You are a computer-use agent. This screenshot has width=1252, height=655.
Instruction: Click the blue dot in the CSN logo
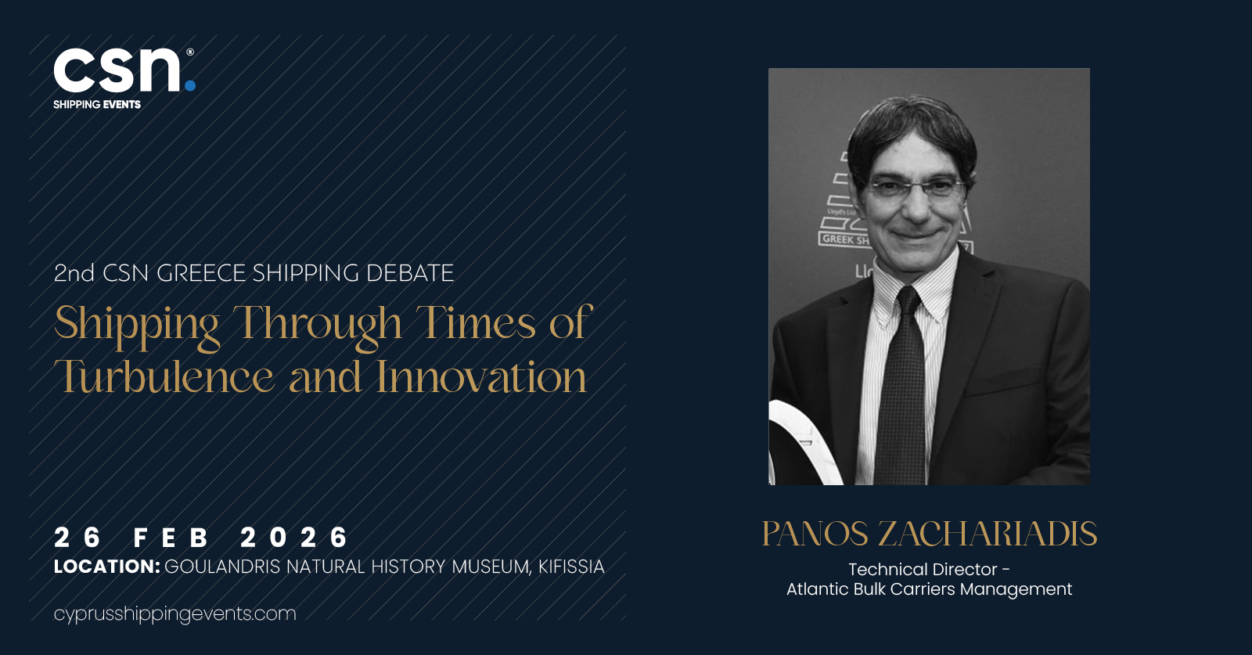pyautogui.click(x=190, y=85)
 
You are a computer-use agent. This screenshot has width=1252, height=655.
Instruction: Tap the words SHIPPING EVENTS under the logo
pyautogui.click(x=97, y=105)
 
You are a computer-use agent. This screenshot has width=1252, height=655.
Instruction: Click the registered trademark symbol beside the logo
pyautogui.click(x=190, y=52)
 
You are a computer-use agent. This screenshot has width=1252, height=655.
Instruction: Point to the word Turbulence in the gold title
pyautogui.click(x=164, y=376)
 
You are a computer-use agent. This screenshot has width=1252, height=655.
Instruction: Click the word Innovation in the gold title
pyautogui.click(x=481, y=376)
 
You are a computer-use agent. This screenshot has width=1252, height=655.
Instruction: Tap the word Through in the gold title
pyautogui.click(x=318, y=324)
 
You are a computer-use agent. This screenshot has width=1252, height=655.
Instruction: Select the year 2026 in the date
pyautogui.click(x=294, y=538)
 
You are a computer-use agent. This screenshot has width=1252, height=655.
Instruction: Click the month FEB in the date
pyautogui.click(x=171, y=538)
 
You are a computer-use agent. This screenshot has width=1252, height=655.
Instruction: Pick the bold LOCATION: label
pyautogui.click(x=106, y=567)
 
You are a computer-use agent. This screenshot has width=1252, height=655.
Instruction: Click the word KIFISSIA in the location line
pyautogui.click(x=571, y=567)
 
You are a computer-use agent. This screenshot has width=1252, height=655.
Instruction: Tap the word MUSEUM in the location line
pyautogui.click(x=490, y=567)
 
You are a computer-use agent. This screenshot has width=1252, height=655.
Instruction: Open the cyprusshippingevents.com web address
pyautogui.click(x=175, y=614)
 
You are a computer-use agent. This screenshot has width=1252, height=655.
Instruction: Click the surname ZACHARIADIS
pyautogui.click(x=987, y=534)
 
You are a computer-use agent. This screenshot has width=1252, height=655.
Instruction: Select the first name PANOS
pyautogui.click(x=815, y=534)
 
